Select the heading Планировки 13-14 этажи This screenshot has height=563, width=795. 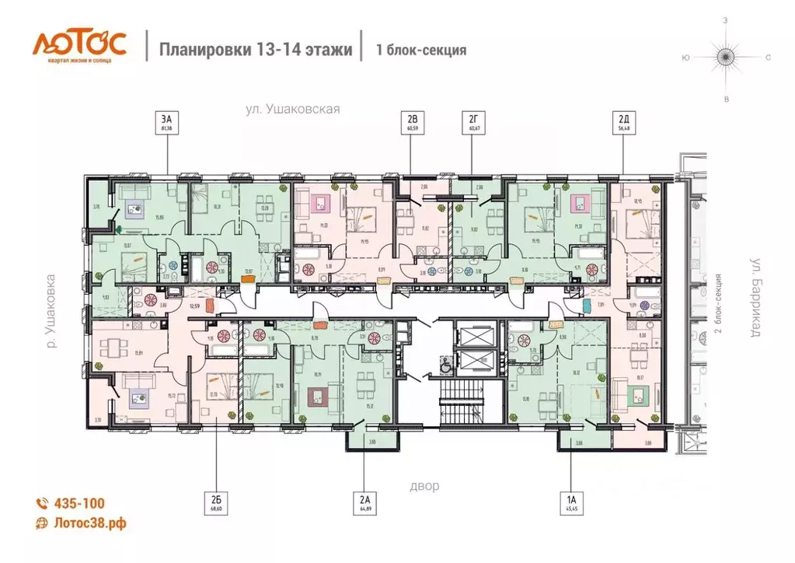256,50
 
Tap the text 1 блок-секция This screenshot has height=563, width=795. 421,51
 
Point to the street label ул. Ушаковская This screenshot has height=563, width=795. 293,110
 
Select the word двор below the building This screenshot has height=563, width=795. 424,486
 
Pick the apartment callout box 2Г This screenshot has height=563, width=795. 472,122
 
